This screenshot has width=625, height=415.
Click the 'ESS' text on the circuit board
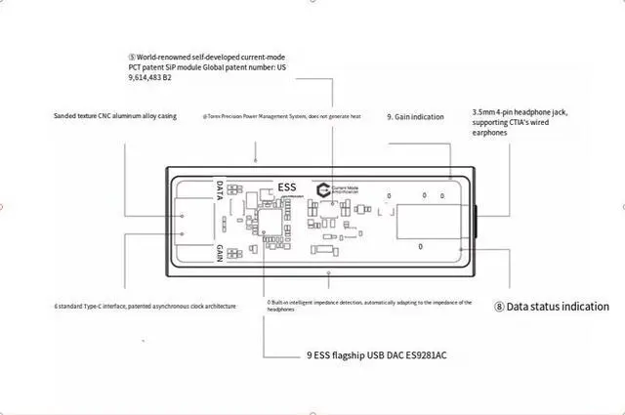point(286,187)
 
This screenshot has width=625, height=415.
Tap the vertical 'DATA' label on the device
point(220,190)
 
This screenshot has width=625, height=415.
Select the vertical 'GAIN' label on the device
point(220,253)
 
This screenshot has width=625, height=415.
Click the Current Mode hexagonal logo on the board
point(324,189)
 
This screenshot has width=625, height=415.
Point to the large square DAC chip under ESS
point(270,223)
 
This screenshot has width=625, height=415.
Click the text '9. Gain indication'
point(415,116)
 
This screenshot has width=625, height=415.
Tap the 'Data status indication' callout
point(558,307)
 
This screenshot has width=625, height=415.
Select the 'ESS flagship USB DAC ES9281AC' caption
point(377,355)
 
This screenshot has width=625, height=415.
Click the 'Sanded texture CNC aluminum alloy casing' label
point(114,116)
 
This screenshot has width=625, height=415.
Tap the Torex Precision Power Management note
point(281,116)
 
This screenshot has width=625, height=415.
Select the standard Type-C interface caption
point(145,307)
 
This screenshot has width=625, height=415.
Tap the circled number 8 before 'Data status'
point(499,307)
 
